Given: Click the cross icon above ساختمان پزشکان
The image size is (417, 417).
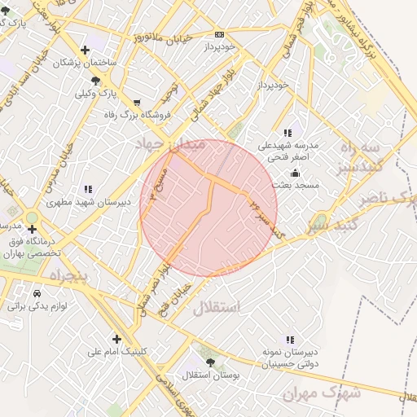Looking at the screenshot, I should pyautogui.click(x=85, y=50).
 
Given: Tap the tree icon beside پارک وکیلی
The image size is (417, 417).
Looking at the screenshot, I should pyautogui.click(x=96, y=80).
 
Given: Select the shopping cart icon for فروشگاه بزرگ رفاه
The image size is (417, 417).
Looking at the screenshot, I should pyautogui.click(x=136, y=103).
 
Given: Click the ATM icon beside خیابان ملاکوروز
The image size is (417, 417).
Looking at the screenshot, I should pyautogui.click(x=219, y=34).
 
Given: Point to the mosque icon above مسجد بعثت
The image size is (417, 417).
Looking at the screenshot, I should pyautogui.click(x=294, y=173).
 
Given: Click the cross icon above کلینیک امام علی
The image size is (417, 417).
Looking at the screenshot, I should pyautogui.click(x=116, y=339).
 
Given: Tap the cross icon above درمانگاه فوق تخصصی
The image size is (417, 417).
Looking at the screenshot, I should pyautogui.click(x=32, y=229).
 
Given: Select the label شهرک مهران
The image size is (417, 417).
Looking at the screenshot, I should pyautogui.click(x=321, y=393).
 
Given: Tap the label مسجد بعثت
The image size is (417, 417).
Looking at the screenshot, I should pyautogui.click(x=295, y=186).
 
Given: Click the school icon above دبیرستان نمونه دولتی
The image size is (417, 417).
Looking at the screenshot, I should pyautogui.click(x=288, y=340).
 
